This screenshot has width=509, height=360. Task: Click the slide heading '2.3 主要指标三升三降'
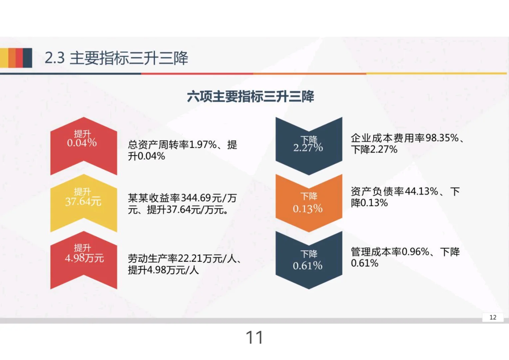[x=116, y=58]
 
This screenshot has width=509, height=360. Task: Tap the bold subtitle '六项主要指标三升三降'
[x=251, y=96]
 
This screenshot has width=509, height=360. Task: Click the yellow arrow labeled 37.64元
[x=83, y=202]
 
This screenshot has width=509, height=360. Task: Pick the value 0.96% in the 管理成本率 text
[x=415, y=252]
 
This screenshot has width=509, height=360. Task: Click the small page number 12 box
[x=493, y=317]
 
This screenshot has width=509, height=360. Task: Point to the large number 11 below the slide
[x=254, y=337]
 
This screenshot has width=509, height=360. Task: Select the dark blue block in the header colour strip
[x=28, y=58]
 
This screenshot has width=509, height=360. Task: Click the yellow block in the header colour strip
[x=4, y=58]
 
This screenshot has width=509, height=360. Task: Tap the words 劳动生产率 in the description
[x=153, y=258]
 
